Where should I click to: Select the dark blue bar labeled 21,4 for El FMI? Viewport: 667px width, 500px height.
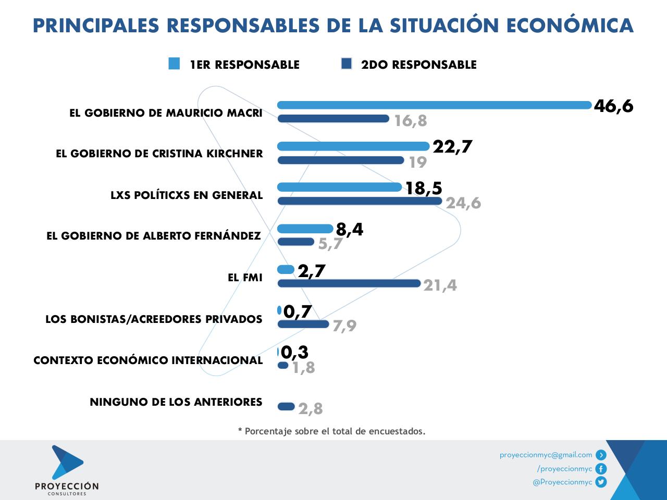point(349,283)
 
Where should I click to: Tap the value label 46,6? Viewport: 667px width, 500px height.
point(613,106)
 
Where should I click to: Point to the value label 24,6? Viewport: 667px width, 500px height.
point(463,203)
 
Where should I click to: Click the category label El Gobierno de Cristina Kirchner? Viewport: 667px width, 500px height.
point(159,154)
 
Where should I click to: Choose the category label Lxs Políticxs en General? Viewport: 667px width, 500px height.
point(187,195)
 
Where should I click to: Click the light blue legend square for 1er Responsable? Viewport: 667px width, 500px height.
point(174,64)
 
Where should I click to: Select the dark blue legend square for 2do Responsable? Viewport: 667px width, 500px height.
point(347,64)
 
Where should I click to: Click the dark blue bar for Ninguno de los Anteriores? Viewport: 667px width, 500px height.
point(286,406)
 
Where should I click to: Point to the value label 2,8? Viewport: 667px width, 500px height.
point(311,409)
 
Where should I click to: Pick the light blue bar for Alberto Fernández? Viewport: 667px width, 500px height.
point(305,228)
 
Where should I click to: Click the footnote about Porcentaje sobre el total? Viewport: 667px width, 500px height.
point(332,431)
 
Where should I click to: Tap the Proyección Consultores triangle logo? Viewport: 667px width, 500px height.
point(66,461)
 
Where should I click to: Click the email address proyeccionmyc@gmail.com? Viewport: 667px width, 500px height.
point(546,455)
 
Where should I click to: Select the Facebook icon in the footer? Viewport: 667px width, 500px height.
point(601,469)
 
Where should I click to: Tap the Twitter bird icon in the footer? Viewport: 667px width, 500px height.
point(601,482)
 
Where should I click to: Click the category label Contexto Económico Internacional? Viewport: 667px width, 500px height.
point(148,360)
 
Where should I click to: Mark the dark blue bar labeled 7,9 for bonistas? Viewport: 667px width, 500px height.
point(303,324)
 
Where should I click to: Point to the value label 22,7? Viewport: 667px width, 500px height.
point(452,147)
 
